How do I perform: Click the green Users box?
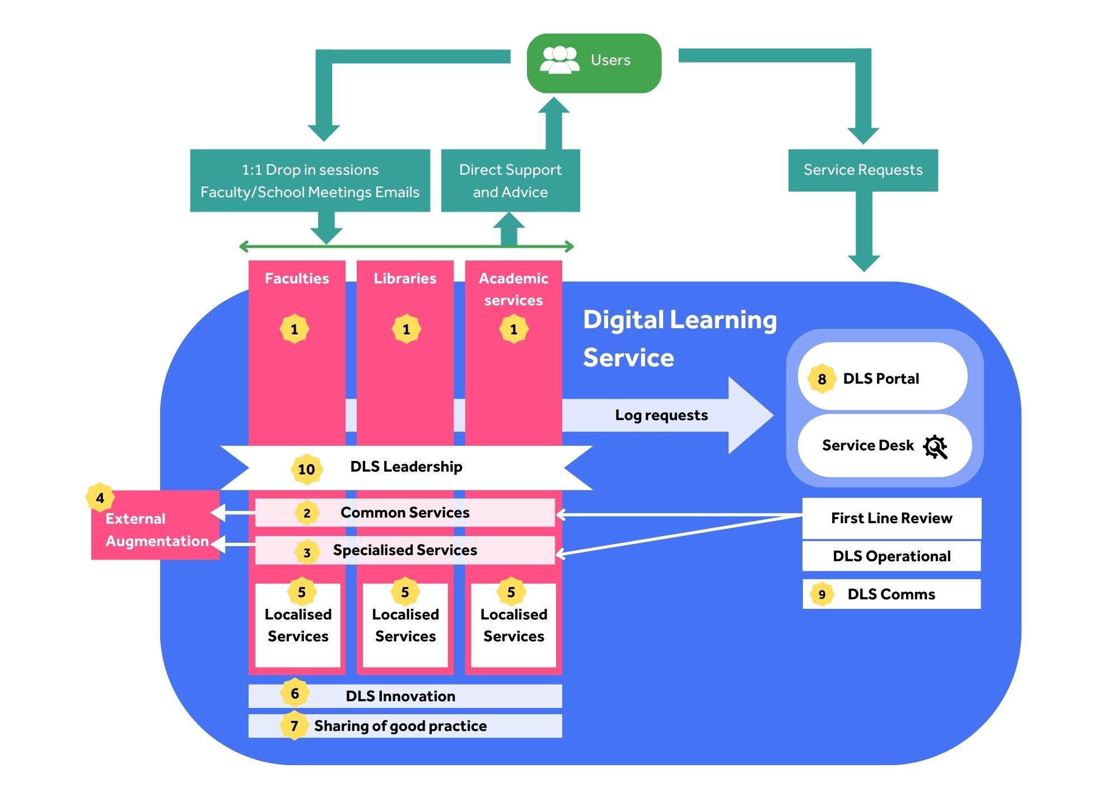594,63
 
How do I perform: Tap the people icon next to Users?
559,60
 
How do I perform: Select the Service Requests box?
862,170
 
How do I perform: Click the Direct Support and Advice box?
510,180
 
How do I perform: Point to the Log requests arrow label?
661,415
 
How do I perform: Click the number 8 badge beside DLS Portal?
822,379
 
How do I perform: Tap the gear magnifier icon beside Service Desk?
935,446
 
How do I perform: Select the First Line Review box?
892,518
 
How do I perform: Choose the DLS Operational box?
892,556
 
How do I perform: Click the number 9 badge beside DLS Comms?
822,594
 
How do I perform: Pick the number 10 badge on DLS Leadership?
306,469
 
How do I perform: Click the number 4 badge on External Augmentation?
100,498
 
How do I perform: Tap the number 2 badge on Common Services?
307,513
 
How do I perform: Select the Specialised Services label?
405,550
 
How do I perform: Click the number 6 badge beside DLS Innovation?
295,693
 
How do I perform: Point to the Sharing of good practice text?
400,726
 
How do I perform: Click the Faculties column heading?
297,278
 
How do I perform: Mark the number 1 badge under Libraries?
406,329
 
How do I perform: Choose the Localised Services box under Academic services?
514,626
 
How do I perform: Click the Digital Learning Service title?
679,338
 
